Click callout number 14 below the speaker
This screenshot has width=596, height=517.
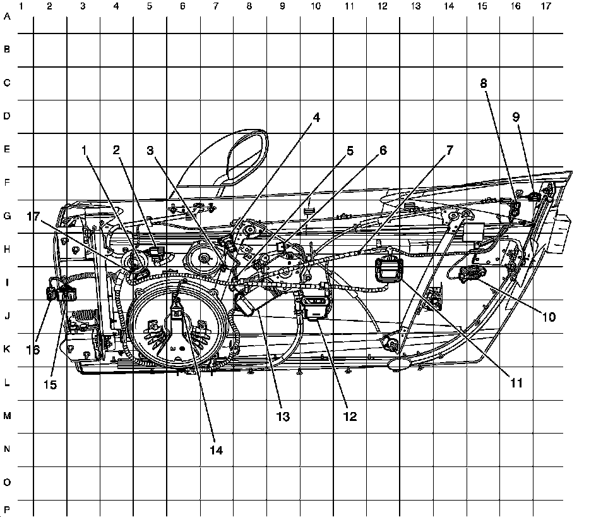click(x=217, y=450)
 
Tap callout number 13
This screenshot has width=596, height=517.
click(x=282, y=417)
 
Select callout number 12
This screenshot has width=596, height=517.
click(x=349, y=417)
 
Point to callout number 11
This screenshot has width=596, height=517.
click(x=517, y=382)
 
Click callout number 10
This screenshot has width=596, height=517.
click(x=549, y=317)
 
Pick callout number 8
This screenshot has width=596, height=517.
click(x=484, y=83)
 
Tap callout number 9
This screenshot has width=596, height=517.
click(x=516, y=117)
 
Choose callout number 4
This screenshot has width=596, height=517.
click(x=316, y=117)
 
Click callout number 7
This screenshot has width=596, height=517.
click(x=449, y=150)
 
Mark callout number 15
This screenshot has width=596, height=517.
click(x=51, y=384)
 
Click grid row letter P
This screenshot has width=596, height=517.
click(x=7, y=509)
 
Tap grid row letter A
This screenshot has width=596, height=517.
click(x=7, y=17)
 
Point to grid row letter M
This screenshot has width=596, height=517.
click(x=7, y=416)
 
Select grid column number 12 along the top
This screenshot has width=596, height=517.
click(x=382, y=6)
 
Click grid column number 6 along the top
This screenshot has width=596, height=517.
click(x=182, y=6)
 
